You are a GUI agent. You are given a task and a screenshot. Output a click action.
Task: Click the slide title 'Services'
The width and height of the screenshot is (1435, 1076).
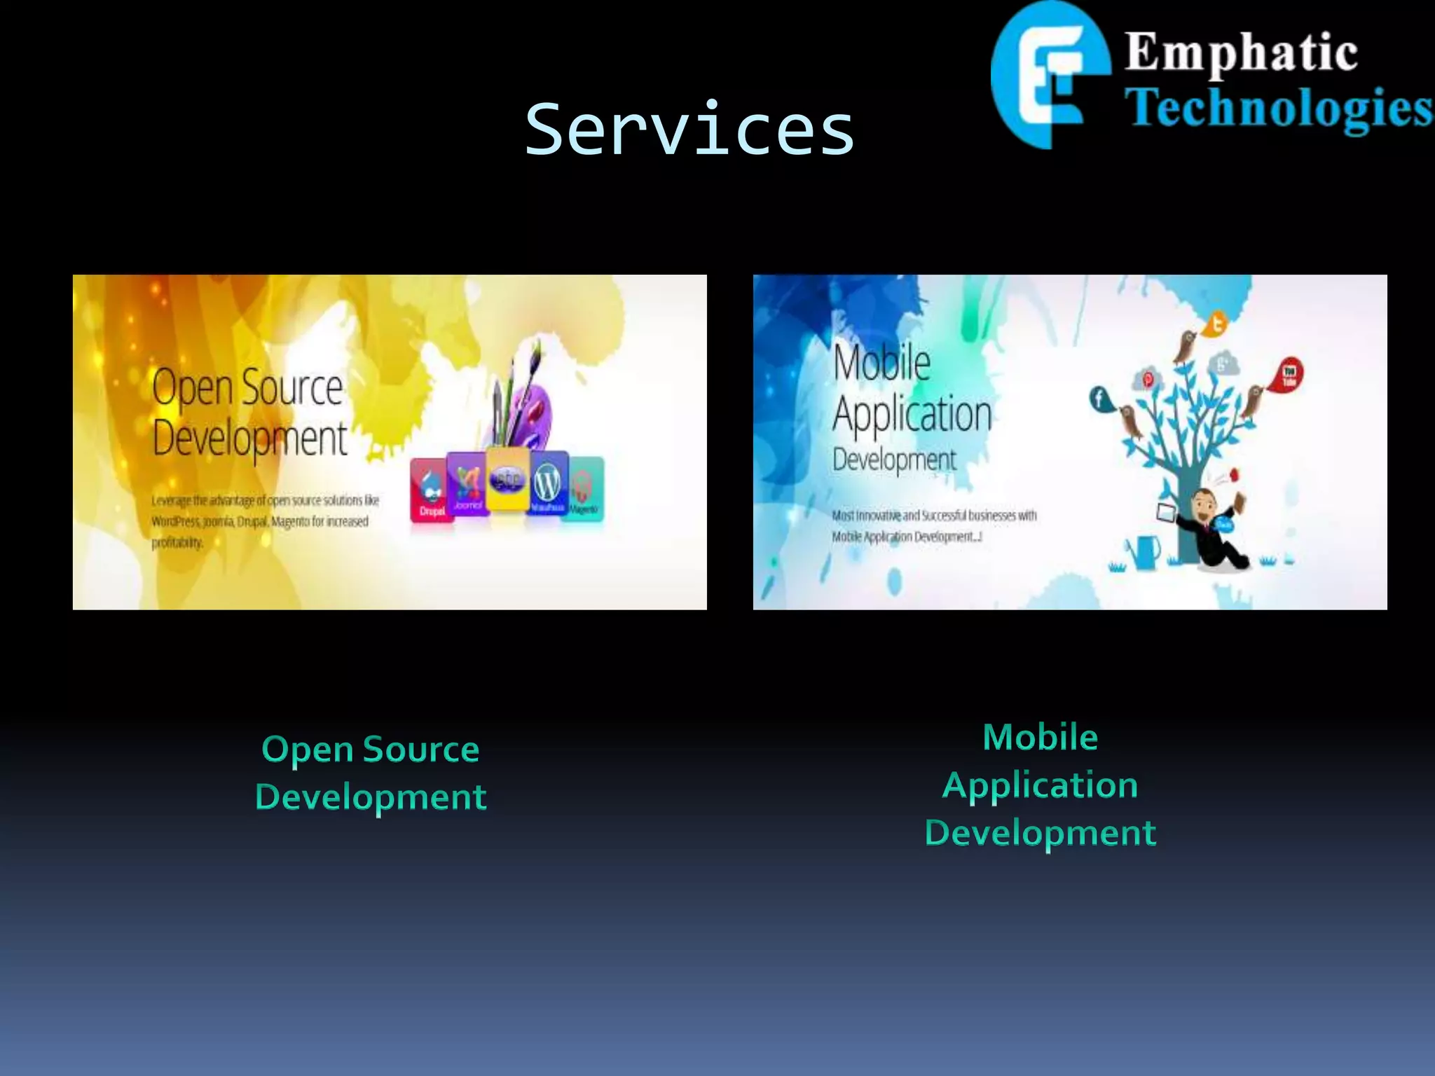pyautogui.click(x=689, y=130)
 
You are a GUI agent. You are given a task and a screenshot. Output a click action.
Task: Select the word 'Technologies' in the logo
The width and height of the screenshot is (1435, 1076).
pyautogui.click(x=1279, y=109)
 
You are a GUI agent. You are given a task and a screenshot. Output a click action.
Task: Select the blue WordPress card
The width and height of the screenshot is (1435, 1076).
pyautogui.click(x=548, y=483)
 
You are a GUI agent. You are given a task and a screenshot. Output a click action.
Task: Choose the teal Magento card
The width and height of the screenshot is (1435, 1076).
pyautogui.click(x=584, y=488)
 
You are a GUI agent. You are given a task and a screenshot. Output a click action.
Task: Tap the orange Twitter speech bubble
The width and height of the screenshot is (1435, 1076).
pyautogui.click(x=1216, y=324)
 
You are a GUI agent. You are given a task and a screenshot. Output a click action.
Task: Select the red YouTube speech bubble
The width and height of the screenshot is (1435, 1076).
pyautogui.click(x=1289, y=373)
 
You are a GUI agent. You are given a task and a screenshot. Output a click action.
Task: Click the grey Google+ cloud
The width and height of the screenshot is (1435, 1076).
pyautogui.click(x=1223, y=364)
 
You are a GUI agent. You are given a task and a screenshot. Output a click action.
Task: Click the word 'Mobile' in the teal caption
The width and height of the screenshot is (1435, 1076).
pyautogui.click(x=1040, y=738)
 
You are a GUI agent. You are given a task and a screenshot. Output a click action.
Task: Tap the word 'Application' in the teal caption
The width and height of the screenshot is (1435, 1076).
pyautogui.click(x=1040, y=785)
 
